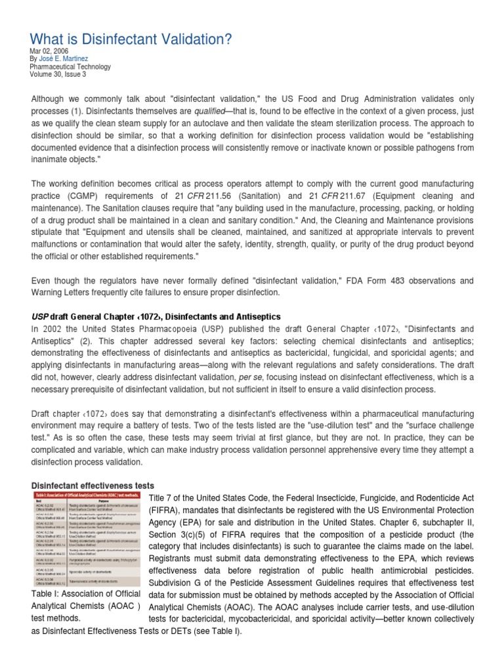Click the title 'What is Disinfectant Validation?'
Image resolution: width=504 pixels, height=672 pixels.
click(x=131, y=40)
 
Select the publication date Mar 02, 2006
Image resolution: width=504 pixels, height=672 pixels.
click(x=49, y=51)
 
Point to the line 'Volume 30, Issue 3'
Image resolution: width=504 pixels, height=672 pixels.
click(x=58, y=74)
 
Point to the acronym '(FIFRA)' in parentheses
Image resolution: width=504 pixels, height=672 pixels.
click(x=166, y=510)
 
